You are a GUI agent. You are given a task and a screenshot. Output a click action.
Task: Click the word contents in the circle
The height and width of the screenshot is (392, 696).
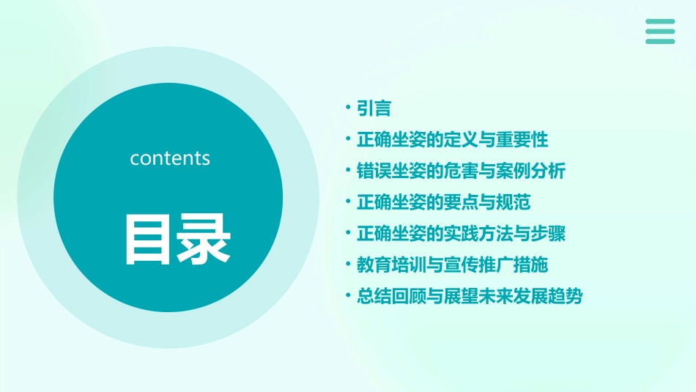point(169,158)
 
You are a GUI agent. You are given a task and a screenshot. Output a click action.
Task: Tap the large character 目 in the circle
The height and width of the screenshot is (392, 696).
point(148,239)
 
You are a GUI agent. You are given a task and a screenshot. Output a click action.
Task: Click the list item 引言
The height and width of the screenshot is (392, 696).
point(374,109)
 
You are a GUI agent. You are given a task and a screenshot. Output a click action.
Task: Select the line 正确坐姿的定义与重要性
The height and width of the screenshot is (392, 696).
point(452,139)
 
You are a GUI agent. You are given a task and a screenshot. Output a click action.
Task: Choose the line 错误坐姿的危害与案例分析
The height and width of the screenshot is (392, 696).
point(461,171)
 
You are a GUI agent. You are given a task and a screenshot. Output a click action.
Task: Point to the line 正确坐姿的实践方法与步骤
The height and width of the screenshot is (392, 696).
point(461,234)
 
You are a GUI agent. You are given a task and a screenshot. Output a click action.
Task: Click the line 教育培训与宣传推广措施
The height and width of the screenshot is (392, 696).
point(452,265)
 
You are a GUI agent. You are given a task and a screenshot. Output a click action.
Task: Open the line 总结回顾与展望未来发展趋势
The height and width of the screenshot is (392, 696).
point(470,297)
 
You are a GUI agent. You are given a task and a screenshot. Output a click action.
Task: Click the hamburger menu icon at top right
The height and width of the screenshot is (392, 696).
point(660,32)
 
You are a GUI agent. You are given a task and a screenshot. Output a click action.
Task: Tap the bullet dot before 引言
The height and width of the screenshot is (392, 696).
point(349,108)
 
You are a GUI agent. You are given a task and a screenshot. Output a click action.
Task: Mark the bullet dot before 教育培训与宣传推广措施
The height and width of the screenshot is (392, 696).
point(349,265)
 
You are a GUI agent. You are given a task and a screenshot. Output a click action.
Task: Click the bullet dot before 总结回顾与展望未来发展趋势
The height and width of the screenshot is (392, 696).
point(349,296)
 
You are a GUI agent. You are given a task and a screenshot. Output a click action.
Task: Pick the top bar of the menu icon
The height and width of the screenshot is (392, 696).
point(660,22)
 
